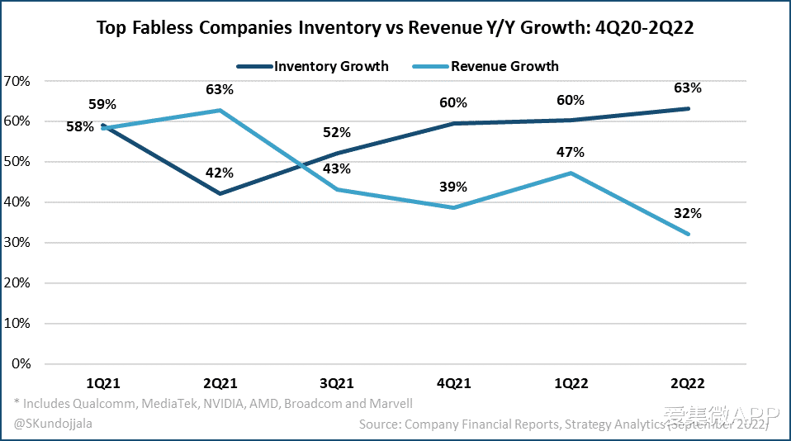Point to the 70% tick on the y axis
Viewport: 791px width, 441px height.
click(17, 81)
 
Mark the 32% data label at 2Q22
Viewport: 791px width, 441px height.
click(688, 213)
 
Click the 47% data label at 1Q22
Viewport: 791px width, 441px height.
click(571, 152)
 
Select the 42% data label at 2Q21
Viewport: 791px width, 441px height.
click(219, 173)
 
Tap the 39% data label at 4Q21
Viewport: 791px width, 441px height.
click(453, 187)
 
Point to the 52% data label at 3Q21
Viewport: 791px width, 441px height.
click(336, 132)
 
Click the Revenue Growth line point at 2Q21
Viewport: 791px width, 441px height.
click(219, 110)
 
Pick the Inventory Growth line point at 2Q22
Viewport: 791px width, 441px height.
click(688, 108)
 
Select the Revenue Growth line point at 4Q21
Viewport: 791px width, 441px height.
click(453, 207)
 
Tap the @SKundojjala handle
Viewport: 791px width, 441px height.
click(52, 424)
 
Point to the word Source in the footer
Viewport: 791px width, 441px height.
click(381, 424)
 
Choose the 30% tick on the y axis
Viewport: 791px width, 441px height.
click(17, 243)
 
